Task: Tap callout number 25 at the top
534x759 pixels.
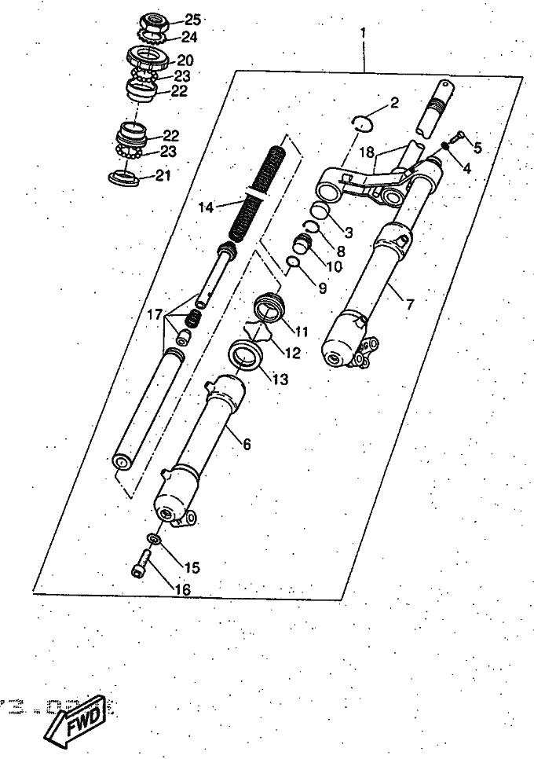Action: pos(192,20)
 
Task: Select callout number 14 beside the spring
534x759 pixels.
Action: pos(206,207)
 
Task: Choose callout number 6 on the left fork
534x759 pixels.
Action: pos(247,444)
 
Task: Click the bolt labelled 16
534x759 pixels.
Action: pos(140,565)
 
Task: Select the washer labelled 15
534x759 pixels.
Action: pos(154,541)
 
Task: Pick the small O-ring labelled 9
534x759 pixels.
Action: pos(291,261)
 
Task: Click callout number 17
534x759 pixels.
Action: pos(155,314)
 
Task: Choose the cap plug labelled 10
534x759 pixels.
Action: pos(303,247)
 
